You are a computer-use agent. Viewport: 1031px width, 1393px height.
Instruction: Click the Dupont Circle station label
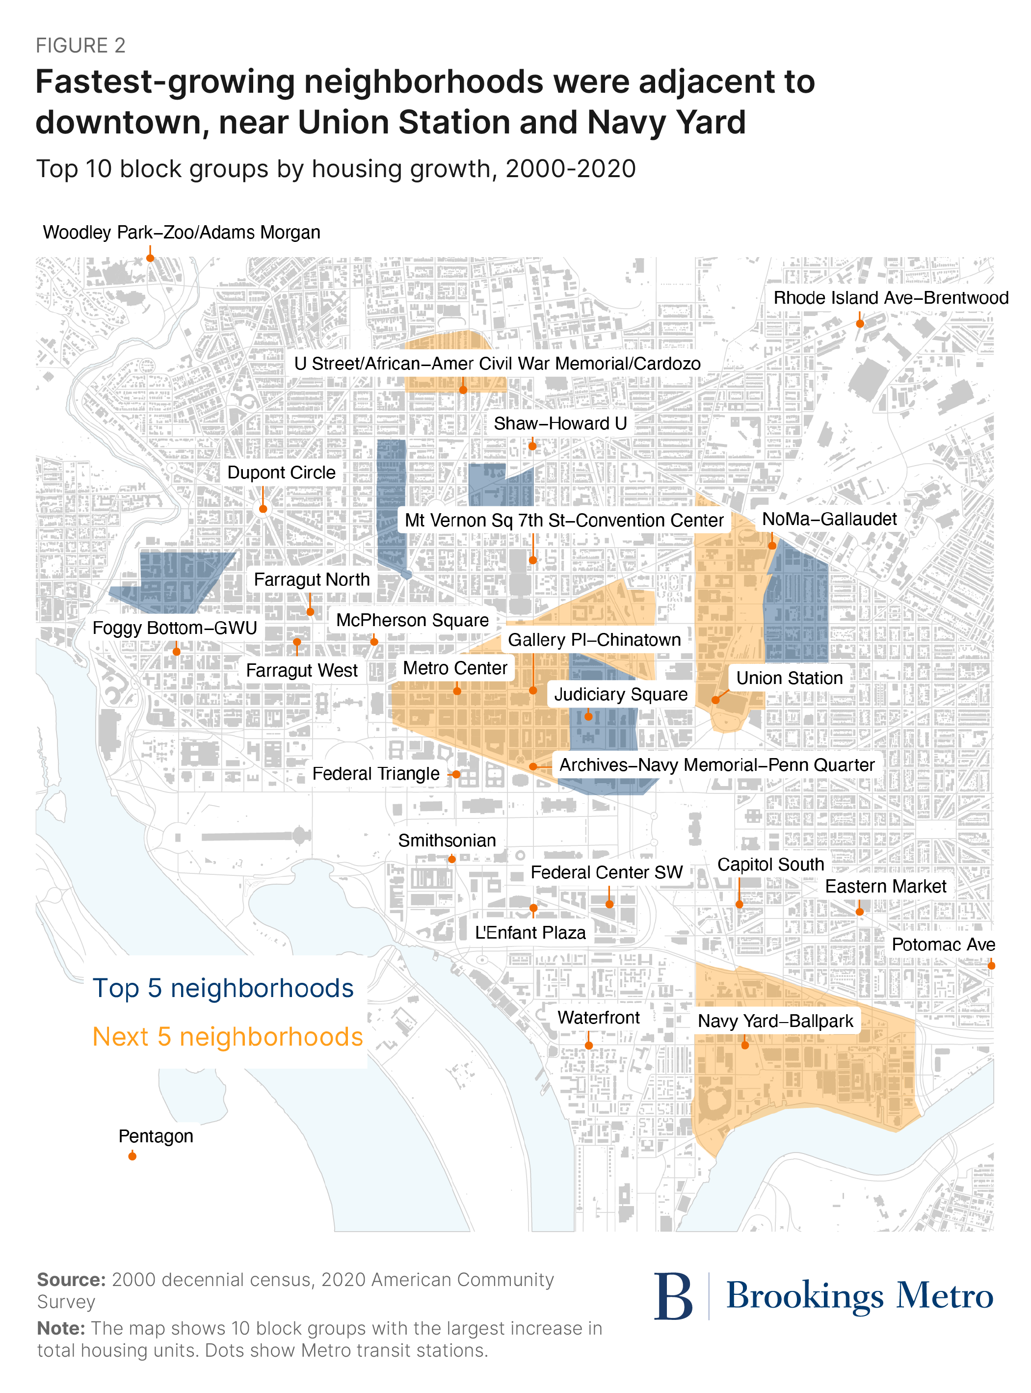281,473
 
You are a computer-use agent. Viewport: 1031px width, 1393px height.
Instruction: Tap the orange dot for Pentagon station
132,1156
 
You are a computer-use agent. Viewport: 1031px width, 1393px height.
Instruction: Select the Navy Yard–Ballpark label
775,1021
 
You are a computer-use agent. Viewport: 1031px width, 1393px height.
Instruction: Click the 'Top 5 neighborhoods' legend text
223,988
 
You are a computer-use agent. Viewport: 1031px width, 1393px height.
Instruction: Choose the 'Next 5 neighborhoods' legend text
227,1037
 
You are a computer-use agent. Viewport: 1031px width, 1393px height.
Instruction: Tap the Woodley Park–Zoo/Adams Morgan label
181,232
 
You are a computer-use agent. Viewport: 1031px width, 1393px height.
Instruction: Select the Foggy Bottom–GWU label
175,628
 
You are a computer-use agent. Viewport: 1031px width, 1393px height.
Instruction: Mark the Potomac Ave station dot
991,966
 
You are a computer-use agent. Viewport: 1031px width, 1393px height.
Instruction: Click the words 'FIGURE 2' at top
80,46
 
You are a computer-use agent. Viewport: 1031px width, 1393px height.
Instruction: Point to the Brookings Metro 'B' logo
673,1296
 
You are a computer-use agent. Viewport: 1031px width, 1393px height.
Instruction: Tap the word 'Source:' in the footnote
71,1280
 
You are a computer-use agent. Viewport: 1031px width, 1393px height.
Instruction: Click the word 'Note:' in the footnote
60,1328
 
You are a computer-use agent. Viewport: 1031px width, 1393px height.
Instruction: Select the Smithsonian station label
447,841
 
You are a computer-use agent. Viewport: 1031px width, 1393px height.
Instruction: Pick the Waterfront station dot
588,1046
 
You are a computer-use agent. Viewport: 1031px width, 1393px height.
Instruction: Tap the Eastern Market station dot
859,912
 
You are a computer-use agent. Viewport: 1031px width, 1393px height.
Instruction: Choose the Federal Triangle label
376,774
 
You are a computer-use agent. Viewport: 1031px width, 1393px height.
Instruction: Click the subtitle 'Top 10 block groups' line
336,169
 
